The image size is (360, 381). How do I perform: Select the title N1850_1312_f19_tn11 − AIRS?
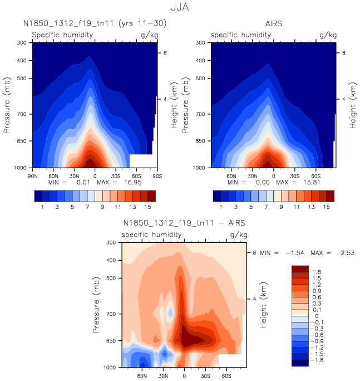(184, 224)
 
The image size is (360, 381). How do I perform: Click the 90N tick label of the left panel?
(33, 175)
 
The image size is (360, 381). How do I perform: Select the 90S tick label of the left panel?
(157, 175)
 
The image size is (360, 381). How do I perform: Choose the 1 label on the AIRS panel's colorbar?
(221, 207)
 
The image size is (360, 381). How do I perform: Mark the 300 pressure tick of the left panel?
(22, 43)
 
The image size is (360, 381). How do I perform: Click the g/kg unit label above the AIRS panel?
(328, 35)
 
